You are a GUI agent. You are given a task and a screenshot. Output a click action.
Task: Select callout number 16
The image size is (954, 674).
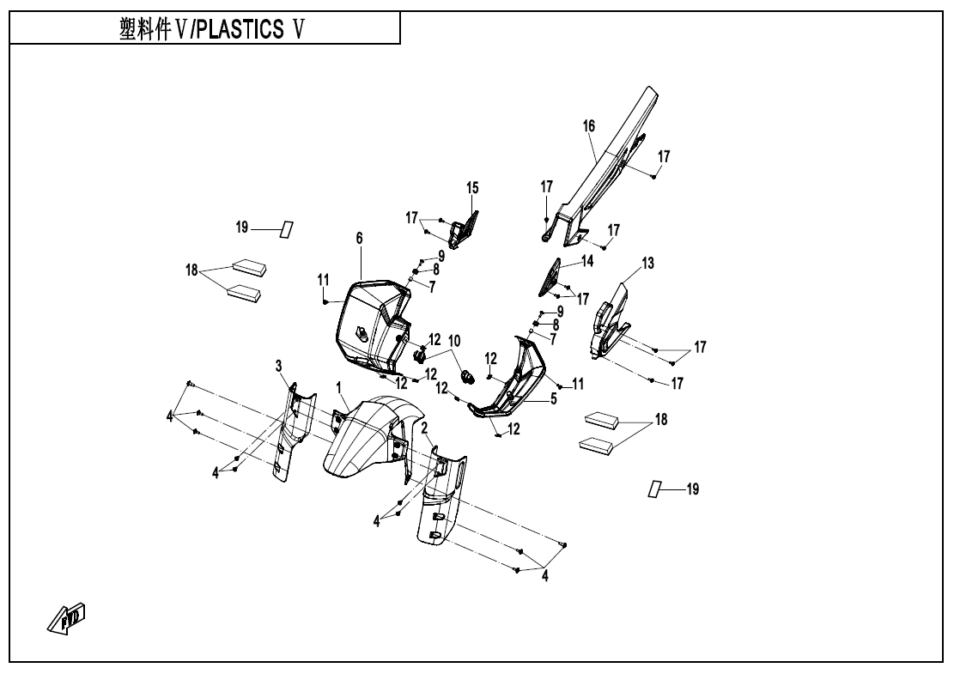click(x=589, y=126)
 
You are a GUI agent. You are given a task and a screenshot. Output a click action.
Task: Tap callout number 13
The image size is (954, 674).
click(x=647, y=264)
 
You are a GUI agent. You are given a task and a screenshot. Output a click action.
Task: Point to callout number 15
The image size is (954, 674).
click(x=472, y=187)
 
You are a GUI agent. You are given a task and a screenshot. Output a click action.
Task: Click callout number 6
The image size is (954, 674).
click(x=360, y=237)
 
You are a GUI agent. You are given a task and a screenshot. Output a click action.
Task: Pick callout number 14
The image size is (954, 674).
click(x=587, y=260)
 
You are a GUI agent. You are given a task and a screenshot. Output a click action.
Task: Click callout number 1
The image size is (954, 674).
click(x=340, y=386)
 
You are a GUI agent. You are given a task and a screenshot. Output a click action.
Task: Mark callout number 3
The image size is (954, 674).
click(x=278, y=367)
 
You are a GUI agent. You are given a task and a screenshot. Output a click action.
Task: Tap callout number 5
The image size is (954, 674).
click(x=553, y=398)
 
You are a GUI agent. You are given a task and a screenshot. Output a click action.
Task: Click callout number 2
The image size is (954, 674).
click(x=424, y=427)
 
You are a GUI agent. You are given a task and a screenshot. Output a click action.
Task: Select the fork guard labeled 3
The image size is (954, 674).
click(x=291, y=429)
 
